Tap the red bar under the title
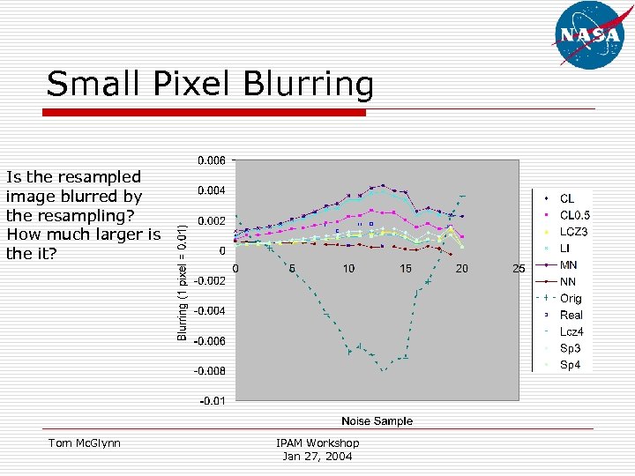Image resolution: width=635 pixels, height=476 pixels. pos(205,113)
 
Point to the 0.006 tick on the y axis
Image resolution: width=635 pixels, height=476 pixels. pos(211,160)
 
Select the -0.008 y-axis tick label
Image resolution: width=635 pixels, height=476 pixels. pos(209,371)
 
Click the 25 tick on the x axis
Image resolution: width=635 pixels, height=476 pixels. pos(519,268)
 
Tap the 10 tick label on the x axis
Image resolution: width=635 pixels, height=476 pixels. pos(348,268)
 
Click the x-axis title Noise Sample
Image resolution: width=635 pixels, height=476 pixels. pos(377,421)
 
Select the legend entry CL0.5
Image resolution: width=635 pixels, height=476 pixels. pos(574,215)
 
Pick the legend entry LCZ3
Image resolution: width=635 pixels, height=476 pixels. pos(573,232)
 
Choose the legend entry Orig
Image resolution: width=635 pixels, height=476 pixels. pos(571,299)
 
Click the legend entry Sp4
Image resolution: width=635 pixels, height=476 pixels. pos(571,365)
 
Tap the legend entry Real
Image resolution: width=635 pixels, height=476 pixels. pos(571,316)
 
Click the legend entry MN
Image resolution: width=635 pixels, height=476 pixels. pos(569,265)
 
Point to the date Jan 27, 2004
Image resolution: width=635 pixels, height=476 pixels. pos(317,456)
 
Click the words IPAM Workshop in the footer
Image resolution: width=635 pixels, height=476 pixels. pos(317,443)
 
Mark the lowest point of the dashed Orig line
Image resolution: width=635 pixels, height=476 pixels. pos(383,371)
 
